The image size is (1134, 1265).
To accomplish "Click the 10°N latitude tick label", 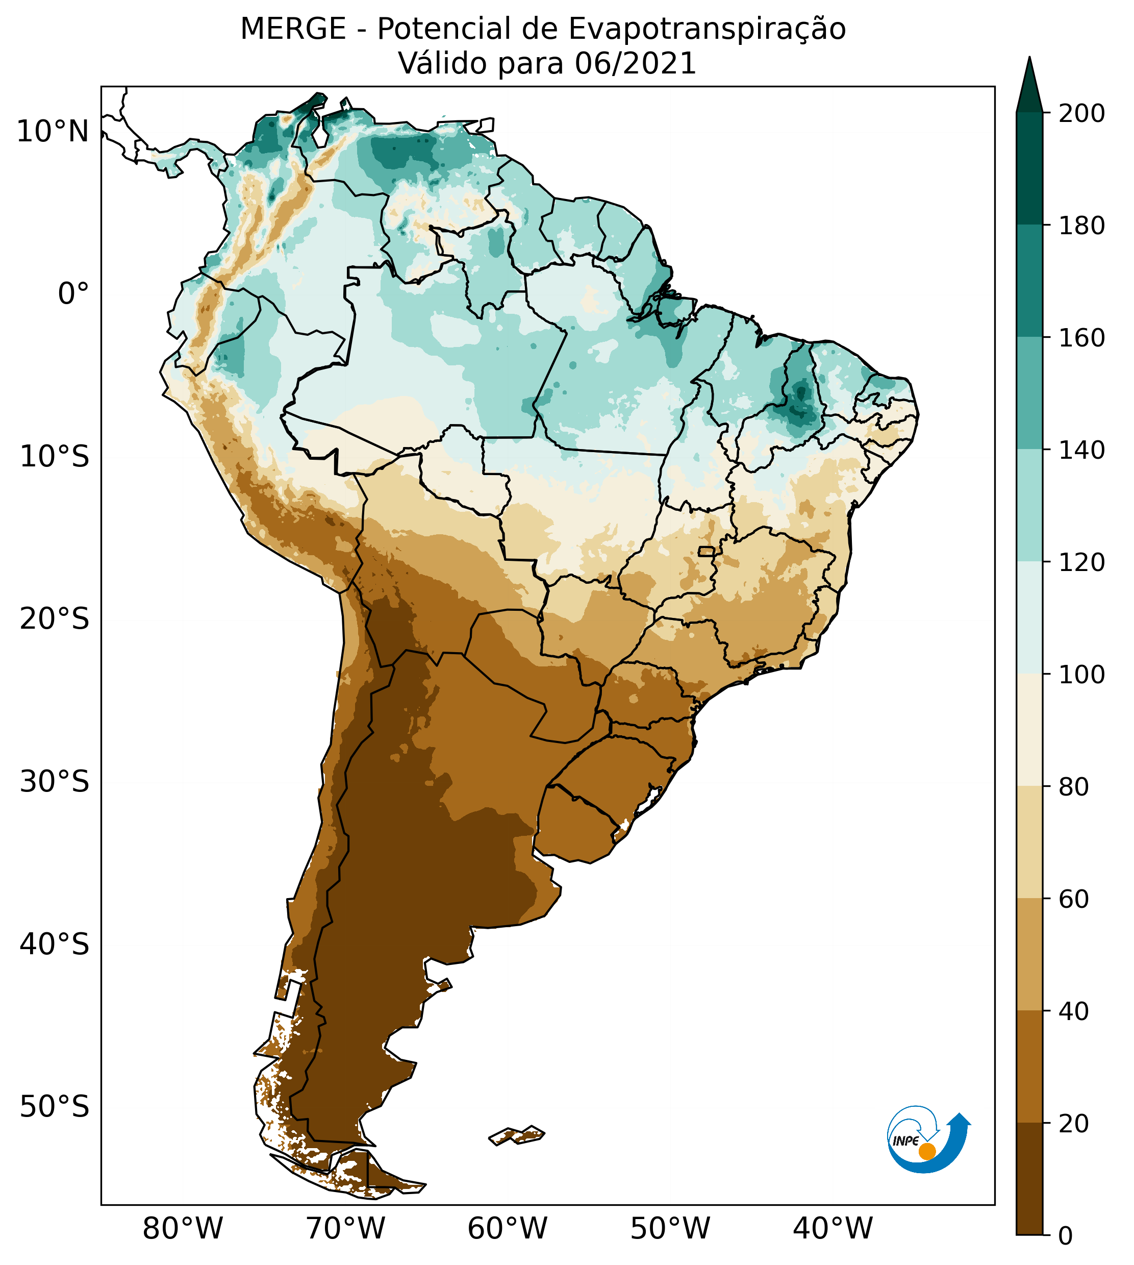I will click(53, 132).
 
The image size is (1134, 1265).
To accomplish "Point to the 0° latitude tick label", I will click(73, 293).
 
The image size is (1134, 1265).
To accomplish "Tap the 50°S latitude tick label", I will click(55, 1107).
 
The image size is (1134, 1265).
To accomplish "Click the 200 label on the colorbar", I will click(1081, 113).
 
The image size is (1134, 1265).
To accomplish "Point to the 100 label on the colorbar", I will click(1081, 674).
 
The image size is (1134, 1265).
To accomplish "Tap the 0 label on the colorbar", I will click(1066, 1236).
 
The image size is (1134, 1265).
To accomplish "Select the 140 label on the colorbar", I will click(1081, 450).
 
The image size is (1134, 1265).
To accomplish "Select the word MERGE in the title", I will click(293, 29).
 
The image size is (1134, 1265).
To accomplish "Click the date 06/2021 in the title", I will click(635, 64).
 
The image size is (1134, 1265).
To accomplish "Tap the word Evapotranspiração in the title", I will click(707, 29).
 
